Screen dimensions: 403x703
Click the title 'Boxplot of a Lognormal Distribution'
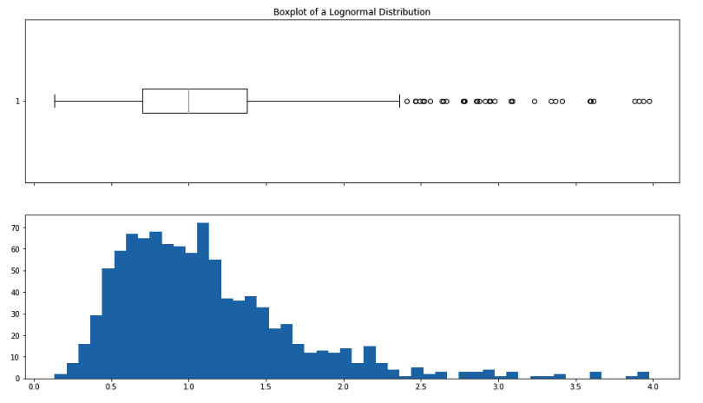click(x=351, y=12)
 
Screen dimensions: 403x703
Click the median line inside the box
click(x=188, y=101)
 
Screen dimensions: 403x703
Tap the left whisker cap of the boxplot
click(x=55, y=101)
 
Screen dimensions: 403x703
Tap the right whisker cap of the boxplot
click(x=399, y=101)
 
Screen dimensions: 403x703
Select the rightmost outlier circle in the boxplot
click(x=649, y=102)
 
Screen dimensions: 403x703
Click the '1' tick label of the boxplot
click(x=17, y=102)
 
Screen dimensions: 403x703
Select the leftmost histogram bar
click(x=61, y=376)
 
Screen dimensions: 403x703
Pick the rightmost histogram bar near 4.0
click(x=643, y=374)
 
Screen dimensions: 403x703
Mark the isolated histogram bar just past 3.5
click(x=595, y=374)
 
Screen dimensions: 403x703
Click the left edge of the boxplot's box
click(x=142, y=101)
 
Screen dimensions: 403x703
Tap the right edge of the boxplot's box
click(x=247, y=101)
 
